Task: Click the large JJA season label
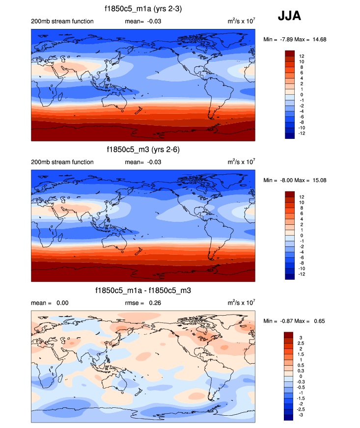click(289, 16)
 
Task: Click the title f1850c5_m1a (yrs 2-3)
click(143, 8)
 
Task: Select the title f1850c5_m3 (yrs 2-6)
click(143, 149)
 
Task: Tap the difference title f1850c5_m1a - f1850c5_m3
click(143, 291)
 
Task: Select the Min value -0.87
click(288, 321)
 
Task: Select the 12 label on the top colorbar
click(301, 56)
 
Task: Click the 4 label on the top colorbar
click(300, 78)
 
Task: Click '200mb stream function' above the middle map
click(62, 162)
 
